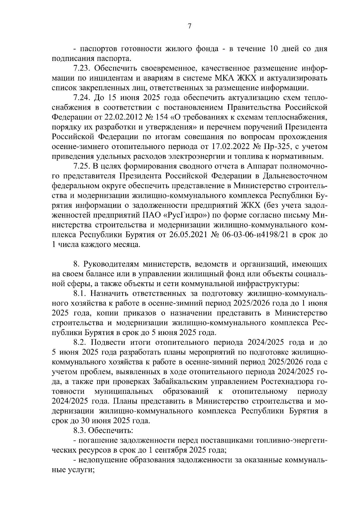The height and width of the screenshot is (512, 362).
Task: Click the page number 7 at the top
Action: (x=189, y=26)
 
